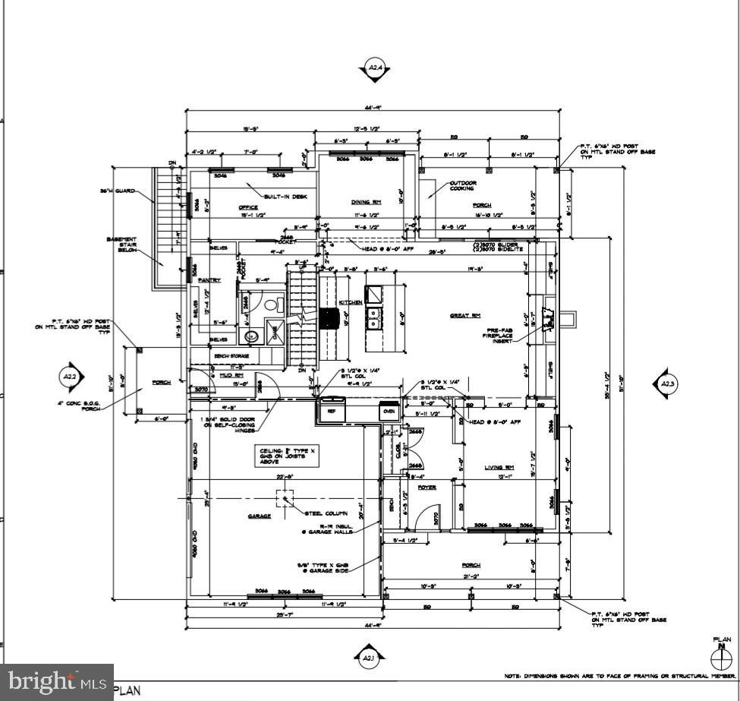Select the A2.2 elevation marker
tap(70, 376)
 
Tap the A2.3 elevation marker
tap(667, 385)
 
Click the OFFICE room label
tap(248, 207)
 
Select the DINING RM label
tap(365, 202)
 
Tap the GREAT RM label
tap(465, 315)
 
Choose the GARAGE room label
tap(260, 516)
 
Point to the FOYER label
tap(427, 487)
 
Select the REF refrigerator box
tap(332, 411)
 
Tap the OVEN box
tap(389, 411)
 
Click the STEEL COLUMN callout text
tap(326, 513)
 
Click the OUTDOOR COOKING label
tap(463, 186)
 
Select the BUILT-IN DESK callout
tap(285, 196)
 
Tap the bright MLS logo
tap(56, 682)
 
